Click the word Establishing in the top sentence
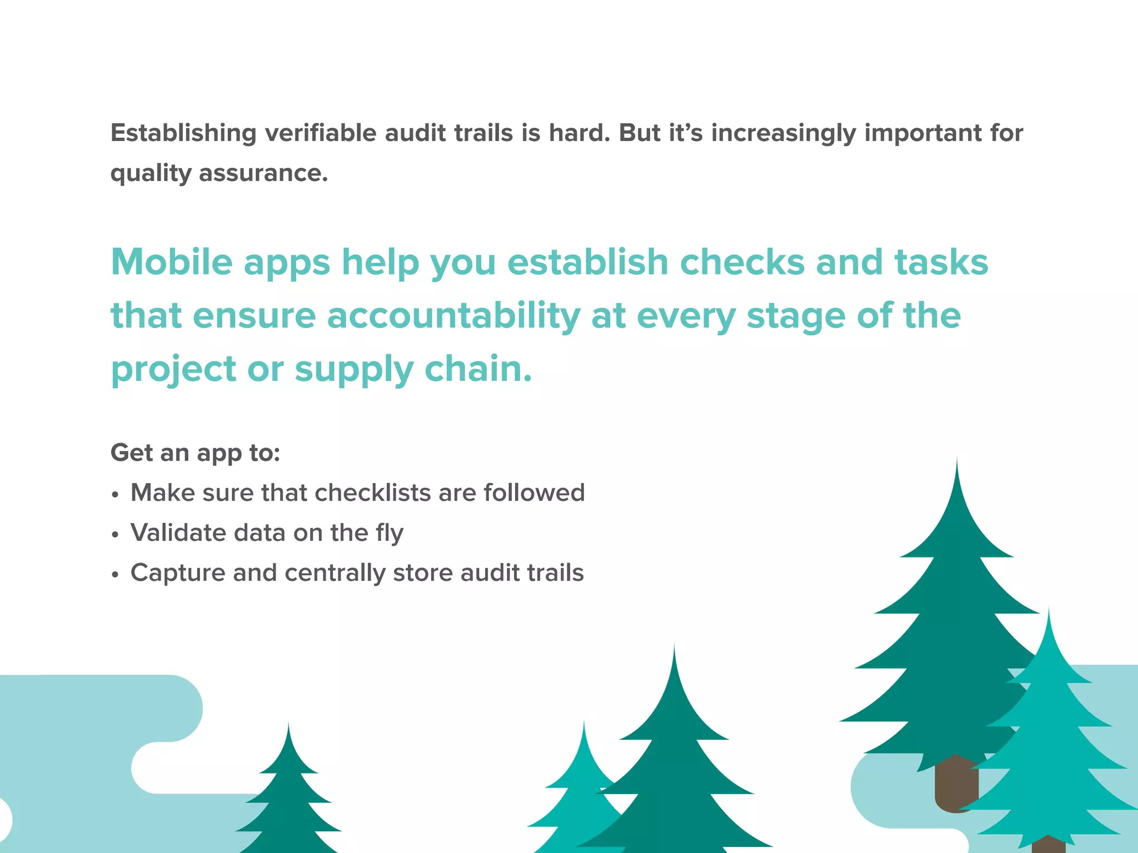(183, 133)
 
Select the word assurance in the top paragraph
(263, 173)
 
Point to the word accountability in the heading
(453, 315)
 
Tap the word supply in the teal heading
(354, 369)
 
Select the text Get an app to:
(195, 453)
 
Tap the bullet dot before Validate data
(115, 534)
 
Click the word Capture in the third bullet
(178, 573)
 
